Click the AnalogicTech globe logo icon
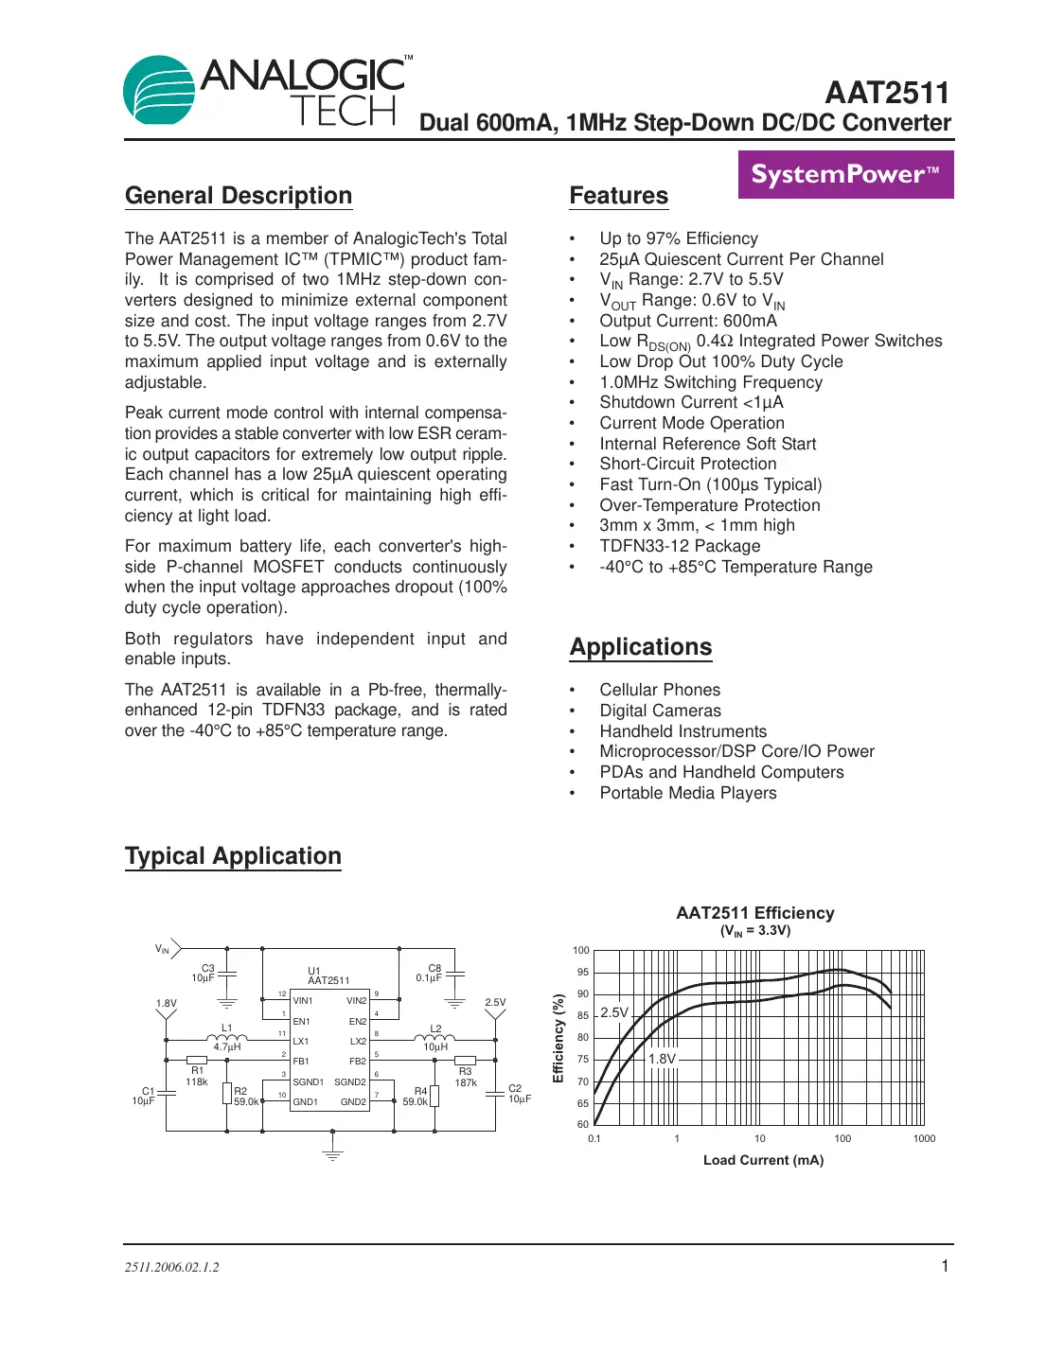(x=159, y=90)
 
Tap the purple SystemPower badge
(x=845, y=175)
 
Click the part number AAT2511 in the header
(x=886, y=93)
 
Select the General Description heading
(x=239, y=196)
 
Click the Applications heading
(x=641, y=647)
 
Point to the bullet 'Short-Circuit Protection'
(x=687, y=464)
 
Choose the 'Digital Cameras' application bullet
(x=660, y=711)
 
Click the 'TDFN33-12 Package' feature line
(x=680, y=546)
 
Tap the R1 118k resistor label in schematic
(x=197, y=1077)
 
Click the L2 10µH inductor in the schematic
(x=435, y=1039)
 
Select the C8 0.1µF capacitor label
(x=430, y=973)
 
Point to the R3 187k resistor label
(x=466, y=1078)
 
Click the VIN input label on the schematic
(x=163, y=948)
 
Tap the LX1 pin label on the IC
(x=301, y=1042)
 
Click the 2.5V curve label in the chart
(x=614, y=1012)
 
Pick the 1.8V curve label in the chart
(x=662, y=1059)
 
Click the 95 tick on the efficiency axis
(x=582, y=972)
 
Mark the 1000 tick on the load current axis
(x=924, y=1138)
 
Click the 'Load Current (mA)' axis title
(x=763, y=1160)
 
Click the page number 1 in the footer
(x=944, y=1266)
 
